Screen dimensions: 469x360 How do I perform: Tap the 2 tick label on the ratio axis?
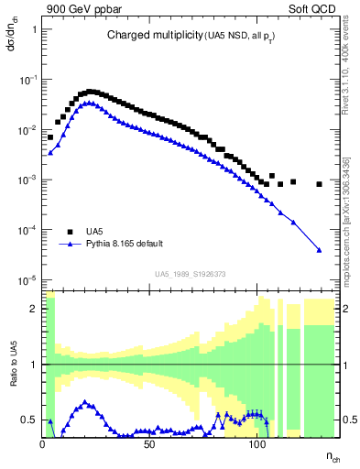[34, 309]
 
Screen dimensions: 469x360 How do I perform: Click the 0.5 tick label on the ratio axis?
[30, 420]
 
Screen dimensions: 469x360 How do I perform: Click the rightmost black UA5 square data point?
[319, 184]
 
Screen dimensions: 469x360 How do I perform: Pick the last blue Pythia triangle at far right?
[319, 249]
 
